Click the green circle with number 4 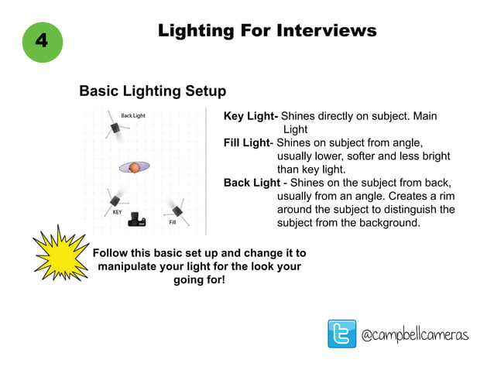[x=41, y=41]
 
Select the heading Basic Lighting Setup [x=153, y=91]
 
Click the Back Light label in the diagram [x=133, y=115]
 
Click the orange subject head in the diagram [x=134, y=167]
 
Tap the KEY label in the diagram [x=117, y=211]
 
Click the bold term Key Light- [x=251, y=116]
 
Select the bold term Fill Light [x=247, y=143]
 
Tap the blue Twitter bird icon [x=341, y=334]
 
